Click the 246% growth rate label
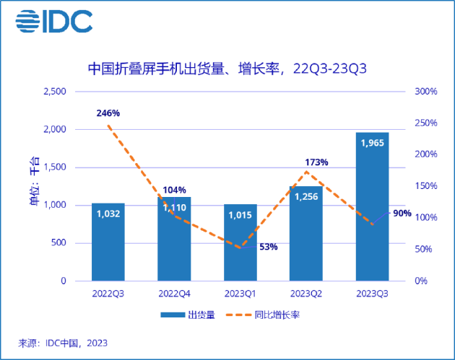(x=108, y=113)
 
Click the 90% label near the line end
(x=402, y=214)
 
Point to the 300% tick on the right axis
(x=425, y=92)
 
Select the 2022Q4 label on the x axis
(x=174, y=293)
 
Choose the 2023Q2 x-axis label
(x=305, y=293)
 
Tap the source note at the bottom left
(x=62, y=343)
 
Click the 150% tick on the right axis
(x=425, y=186)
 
